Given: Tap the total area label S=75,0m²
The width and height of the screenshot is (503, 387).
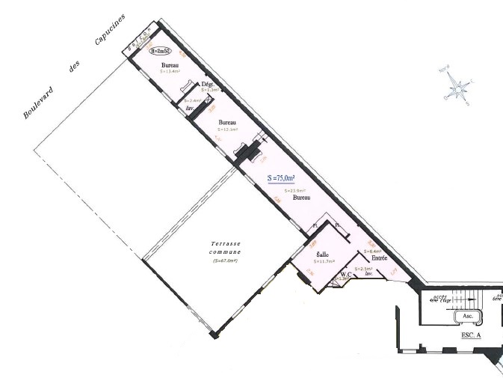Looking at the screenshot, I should click(x=281, y=178).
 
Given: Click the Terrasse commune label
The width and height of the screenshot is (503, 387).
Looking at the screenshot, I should click(x=225, y=249).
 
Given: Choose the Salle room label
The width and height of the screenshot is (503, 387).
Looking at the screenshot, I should click(x=303, y=255).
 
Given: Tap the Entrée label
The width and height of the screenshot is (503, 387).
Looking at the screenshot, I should click(x=379, y=258).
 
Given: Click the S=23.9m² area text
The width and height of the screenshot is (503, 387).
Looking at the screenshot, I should click(x=296, y=192).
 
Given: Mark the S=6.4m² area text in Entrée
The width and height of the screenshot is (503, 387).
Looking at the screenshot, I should click(x=374, y=251).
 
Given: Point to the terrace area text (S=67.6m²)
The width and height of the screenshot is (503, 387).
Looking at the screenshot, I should click(x=225, y=260).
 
